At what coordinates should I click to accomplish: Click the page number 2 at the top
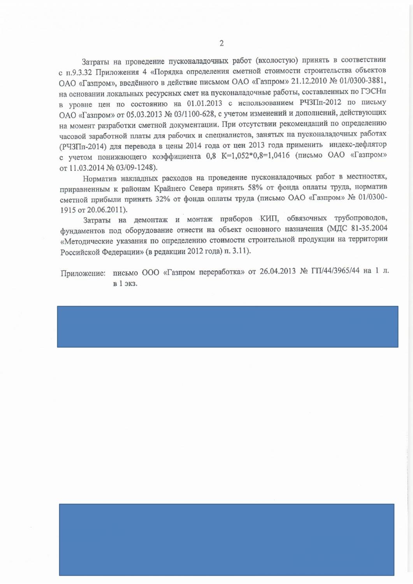221,43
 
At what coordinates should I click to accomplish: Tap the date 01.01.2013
204,103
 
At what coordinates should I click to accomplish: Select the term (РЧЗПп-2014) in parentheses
83,147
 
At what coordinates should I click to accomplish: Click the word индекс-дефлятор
358,144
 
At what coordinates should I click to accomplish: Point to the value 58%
255,187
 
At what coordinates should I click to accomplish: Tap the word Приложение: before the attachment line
83,273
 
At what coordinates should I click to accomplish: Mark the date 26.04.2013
278,271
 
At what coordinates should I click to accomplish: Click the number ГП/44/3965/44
335,271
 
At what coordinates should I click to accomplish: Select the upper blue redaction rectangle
228,326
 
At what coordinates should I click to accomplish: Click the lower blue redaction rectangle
227,539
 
